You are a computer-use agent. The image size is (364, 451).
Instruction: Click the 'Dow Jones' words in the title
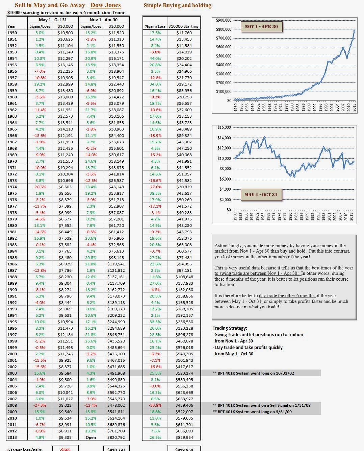(x=105, y=5)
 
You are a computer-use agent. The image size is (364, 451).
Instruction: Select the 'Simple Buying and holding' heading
(x=177, y=5)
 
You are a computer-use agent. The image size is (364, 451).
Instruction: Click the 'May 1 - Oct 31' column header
(x=53, y=20)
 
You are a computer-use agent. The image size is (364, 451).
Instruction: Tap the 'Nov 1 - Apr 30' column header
(x=104, y=20)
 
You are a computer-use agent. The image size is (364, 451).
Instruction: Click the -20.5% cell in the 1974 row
(x=40, y=187)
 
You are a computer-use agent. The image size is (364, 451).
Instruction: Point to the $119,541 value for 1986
(x=116, y=264)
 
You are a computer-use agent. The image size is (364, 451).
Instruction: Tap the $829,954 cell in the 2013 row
(x=184, y=437)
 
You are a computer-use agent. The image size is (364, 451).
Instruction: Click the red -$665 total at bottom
(x=65, y=449)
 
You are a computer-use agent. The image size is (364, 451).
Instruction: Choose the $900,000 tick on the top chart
(x=224, y=20)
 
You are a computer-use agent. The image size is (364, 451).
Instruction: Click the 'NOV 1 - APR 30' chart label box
(x=261, y=27)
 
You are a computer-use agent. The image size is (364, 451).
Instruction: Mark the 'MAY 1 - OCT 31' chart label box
(x=261, y=195)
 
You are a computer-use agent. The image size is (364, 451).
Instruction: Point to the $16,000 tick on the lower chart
(x=224, y=127)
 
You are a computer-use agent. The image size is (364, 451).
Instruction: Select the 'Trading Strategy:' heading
(x=230, y=328)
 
